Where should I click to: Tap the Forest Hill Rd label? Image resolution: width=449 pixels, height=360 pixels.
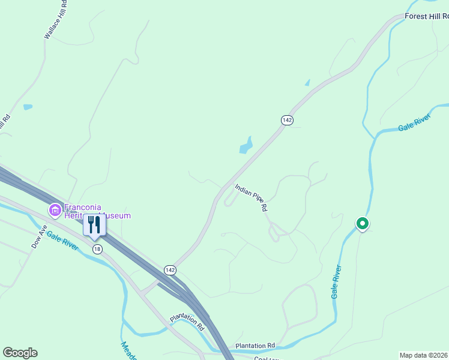tap(426, 16)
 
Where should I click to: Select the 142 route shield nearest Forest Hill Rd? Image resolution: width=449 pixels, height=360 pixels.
tap(287, 120)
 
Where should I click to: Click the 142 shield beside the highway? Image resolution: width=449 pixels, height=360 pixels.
tap(170, 270)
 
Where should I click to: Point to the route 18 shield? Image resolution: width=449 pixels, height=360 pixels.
tap(97, 248)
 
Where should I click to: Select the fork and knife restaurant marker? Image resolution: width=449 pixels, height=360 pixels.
tap(94, 225)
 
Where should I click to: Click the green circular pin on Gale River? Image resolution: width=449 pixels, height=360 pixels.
tap(362, 224)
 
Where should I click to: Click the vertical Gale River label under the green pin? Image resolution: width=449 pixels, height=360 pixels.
tap(336, 281)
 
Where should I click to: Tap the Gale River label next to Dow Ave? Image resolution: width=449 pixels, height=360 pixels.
tap(62, 241)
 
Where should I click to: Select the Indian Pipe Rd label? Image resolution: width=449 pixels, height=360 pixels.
tap(251, 198)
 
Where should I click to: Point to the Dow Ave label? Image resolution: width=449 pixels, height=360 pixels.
tap(40, 238)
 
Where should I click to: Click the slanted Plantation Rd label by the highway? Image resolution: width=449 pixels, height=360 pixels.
tap(187, 322)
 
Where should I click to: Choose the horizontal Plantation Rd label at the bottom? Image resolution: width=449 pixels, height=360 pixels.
tap(255, 346)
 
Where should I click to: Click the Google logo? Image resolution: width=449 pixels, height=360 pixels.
tap(20, 353)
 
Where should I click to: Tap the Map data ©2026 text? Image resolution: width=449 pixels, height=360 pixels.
tap(424, 355)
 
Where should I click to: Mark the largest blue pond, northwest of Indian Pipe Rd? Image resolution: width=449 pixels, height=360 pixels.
tap(246, 146)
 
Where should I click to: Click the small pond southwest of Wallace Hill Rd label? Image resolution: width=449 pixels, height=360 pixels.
tap(28, 107)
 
